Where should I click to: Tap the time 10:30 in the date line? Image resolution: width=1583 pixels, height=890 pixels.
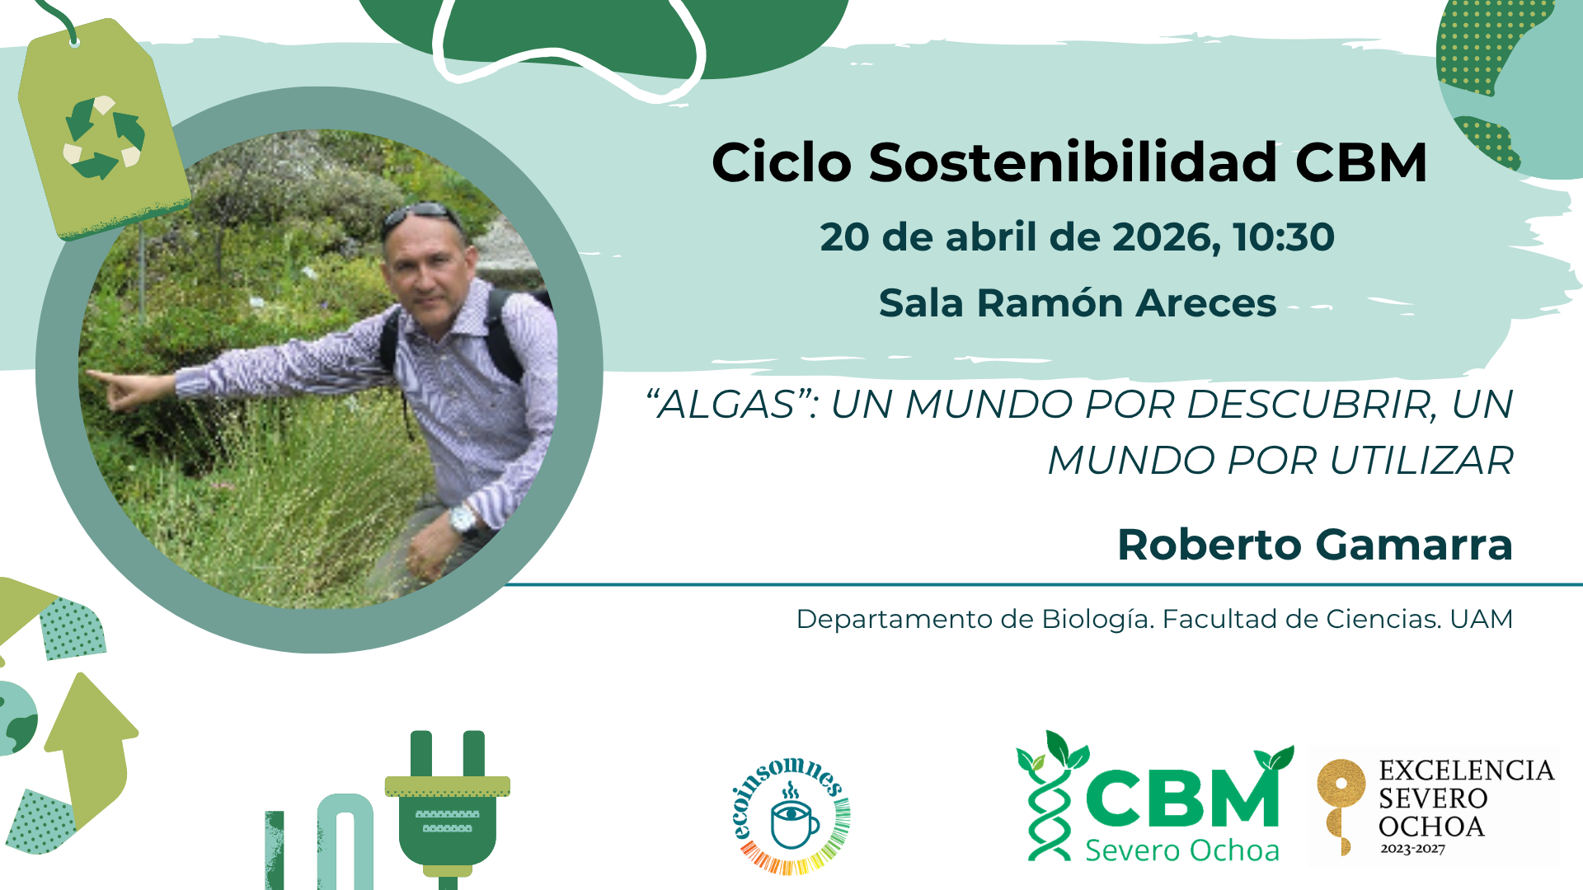coord(1284,237)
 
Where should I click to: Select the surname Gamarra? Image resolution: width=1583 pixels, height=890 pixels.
coord(1414,545)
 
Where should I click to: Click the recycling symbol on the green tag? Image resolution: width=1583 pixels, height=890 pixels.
coord(105,137)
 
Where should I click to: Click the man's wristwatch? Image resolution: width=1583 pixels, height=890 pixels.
coord(463,519)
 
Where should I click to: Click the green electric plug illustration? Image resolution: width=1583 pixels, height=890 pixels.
coord(448,808)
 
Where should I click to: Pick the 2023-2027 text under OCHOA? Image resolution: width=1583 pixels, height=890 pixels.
coord(1413,849)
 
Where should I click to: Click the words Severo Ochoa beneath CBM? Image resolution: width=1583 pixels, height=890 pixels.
coord(1181,850)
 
